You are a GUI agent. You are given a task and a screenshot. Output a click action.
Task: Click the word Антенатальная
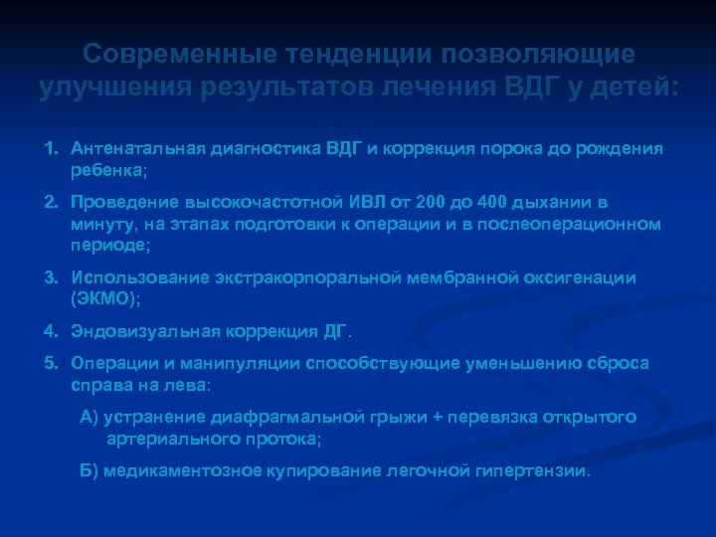point(131,148)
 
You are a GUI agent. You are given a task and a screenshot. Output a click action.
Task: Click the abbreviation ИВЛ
point(331,200)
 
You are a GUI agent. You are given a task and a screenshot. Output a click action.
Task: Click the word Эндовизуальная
point(128,329)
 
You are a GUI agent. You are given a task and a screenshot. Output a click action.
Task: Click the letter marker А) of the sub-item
point(89,417)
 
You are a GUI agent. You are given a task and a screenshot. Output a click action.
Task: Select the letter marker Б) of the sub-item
point(89,470)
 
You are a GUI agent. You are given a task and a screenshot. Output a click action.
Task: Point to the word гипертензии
point(541,470)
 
